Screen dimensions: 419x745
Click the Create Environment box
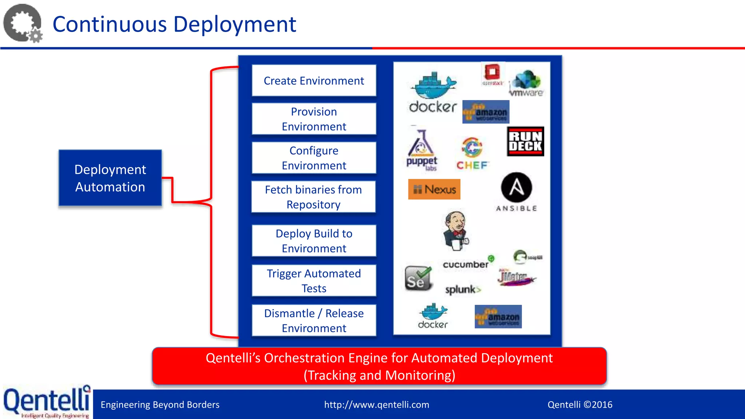(x=314, y=80)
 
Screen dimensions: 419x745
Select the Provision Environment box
(x=314, y=119)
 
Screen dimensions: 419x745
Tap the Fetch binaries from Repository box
(x=313, y=197)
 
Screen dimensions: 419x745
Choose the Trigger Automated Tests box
(x=314, y=280)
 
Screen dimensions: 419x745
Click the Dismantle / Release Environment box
(x=314, y=320)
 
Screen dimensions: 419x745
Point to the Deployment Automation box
(x=110, y=178)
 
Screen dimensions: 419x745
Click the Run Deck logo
(x=525, y=141)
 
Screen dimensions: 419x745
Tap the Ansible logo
(x=516, y=192)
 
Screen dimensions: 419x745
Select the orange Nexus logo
(x=434, y=189)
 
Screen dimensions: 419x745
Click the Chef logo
(x=472, y=153)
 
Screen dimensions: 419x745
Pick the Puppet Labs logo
(x=422, y=150)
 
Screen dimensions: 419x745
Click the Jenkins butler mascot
(x=456, y=230)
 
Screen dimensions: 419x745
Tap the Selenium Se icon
(x=418, y=278)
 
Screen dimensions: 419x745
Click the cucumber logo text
(x=466, y=264)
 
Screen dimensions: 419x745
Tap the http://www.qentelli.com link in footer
(x=377, y=404)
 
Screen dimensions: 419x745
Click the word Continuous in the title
(x=109, y=24)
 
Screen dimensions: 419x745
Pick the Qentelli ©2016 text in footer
(x=580, y=404)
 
